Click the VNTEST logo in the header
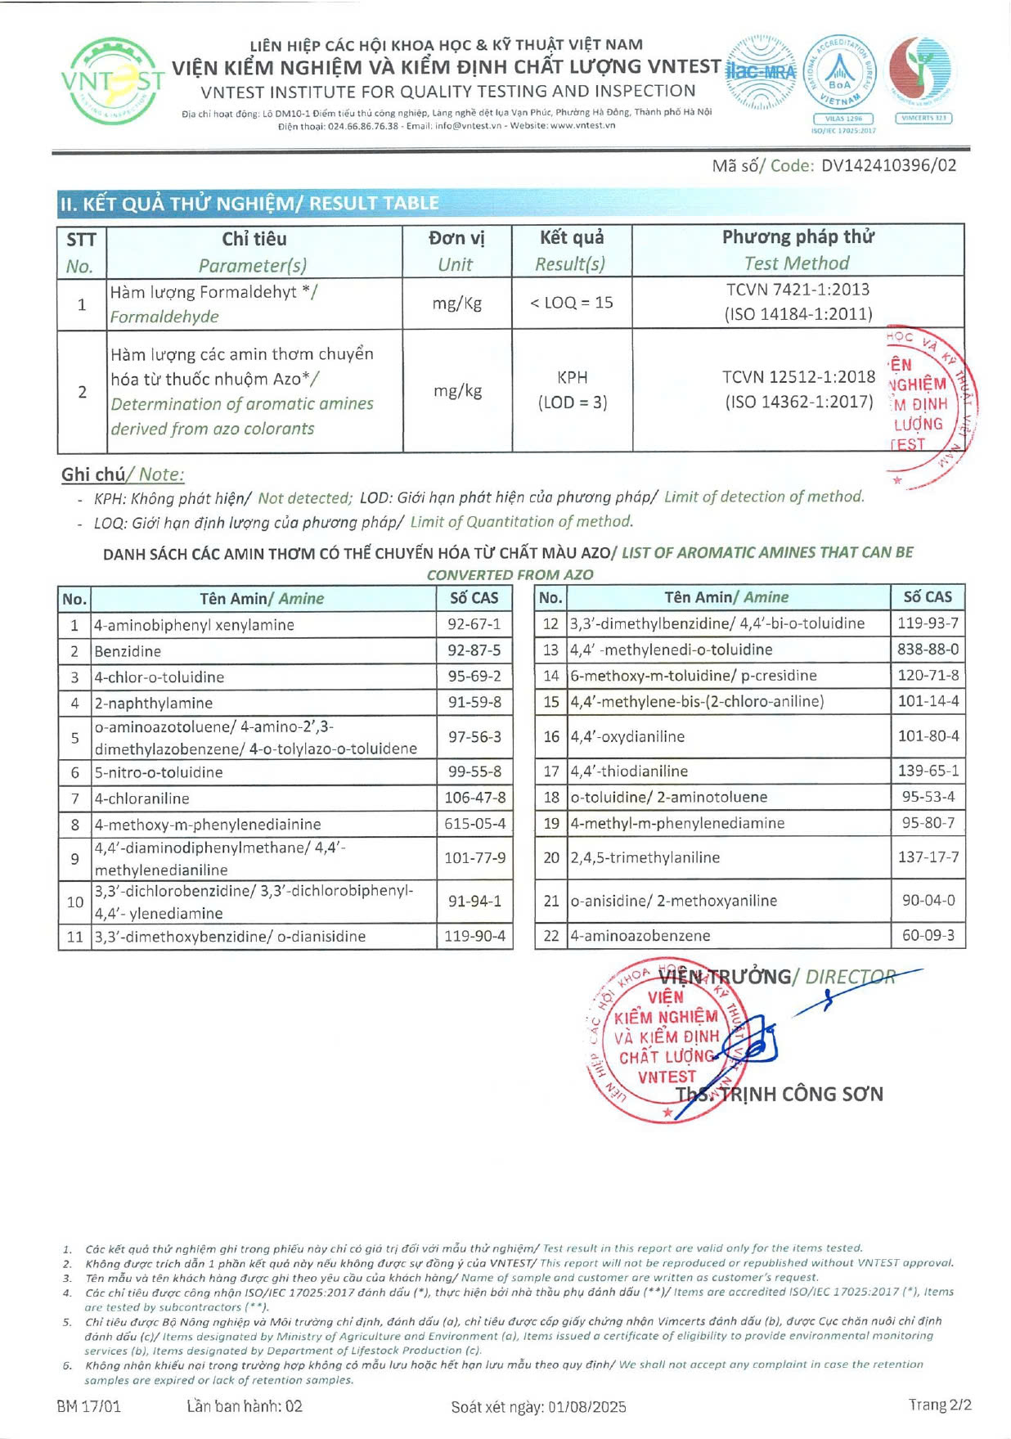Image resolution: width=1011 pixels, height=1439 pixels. [x=112, y=81]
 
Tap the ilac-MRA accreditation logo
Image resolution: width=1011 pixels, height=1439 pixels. [x=760, y=72]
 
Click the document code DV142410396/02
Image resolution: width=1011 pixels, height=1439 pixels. [x=888, y=165]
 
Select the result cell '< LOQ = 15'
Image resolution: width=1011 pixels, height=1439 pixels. [x=571, y=303]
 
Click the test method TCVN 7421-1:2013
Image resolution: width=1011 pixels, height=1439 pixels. [x=798, y=290]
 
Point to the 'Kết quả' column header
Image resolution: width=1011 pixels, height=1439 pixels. [x=571, y=238]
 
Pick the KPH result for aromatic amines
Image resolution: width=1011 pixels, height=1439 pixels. [x=572, y=378]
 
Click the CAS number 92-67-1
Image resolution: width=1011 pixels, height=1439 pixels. [x=474, y=625]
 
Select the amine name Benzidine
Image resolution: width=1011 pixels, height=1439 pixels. [x=128, y=651]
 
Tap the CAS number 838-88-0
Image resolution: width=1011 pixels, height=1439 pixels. [x=928, y=650]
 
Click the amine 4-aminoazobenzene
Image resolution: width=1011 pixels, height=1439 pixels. [x=640, y=936]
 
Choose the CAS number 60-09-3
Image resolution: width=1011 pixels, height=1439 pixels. [x=928, y=935]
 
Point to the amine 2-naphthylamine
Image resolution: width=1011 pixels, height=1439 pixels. [x=153, y=704]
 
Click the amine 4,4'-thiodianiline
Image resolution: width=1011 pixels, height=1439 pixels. [x=629, y=771]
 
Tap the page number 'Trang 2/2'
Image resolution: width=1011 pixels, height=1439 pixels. [x=940, y=1405]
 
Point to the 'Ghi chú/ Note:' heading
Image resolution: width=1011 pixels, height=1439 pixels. [x=123, y=474]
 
